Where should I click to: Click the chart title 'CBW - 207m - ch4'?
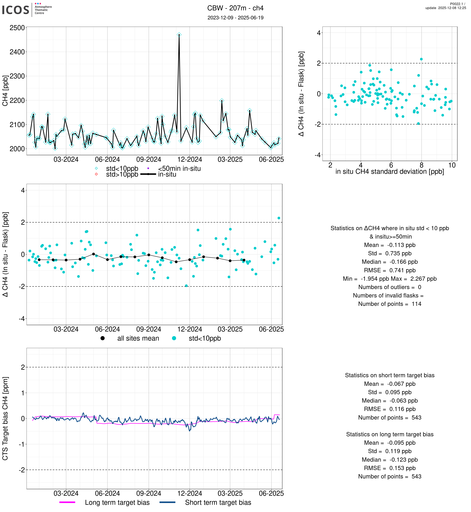235,8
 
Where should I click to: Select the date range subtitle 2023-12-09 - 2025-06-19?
235,18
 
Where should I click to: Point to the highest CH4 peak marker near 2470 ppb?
179,35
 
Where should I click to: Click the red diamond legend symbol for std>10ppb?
96,174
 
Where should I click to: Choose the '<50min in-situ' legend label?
179,169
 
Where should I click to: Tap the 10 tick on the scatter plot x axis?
452,165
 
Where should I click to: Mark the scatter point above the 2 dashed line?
421,59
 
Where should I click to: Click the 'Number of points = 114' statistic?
389,304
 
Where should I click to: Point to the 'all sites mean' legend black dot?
102,338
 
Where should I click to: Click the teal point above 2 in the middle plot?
279,218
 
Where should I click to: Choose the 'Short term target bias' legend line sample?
168,502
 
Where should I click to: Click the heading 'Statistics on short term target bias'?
389,375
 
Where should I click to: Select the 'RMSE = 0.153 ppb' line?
389,468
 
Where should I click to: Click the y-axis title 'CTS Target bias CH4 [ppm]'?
5,418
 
